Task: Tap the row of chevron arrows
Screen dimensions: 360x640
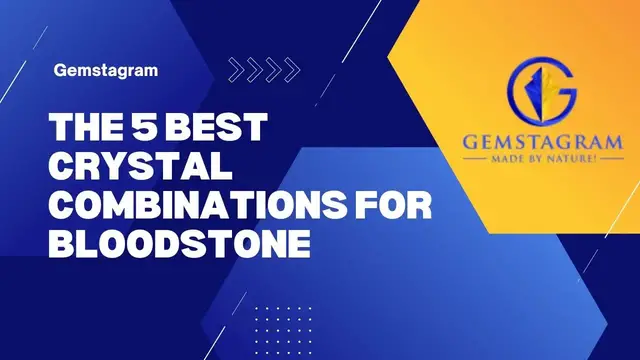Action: point(263,69)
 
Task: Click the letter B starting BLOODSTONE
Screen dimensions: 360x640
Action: point(63,244)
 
